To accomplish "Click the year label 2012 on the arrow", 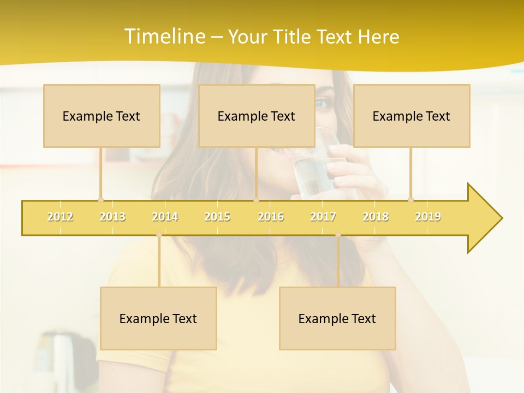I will [60, 217].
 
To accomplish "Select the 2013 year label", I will [112, 217].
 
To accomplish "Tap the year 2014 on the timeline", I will [165, 217].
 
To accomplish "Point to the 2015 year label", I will [217, 217].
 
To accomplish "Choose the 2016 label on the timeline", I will [271, 217].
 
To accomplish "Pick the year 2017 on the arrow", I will [323, 217].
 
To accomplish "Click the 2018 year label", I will [376, 217].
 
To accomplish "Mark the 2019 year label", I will [428, 217].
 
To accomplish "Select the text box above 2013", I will [102, 116].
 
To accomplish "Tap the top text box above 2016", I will [257, 116].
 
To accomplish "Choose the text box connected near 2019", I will [412, 116].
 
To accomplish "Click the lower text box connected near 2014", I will [158, 318].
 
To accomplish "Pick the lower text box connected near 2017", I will [337, 318].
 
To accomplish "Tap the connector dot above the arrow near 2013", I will [100, 200].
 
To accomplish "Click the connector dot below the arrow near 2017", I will [338, 235].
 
